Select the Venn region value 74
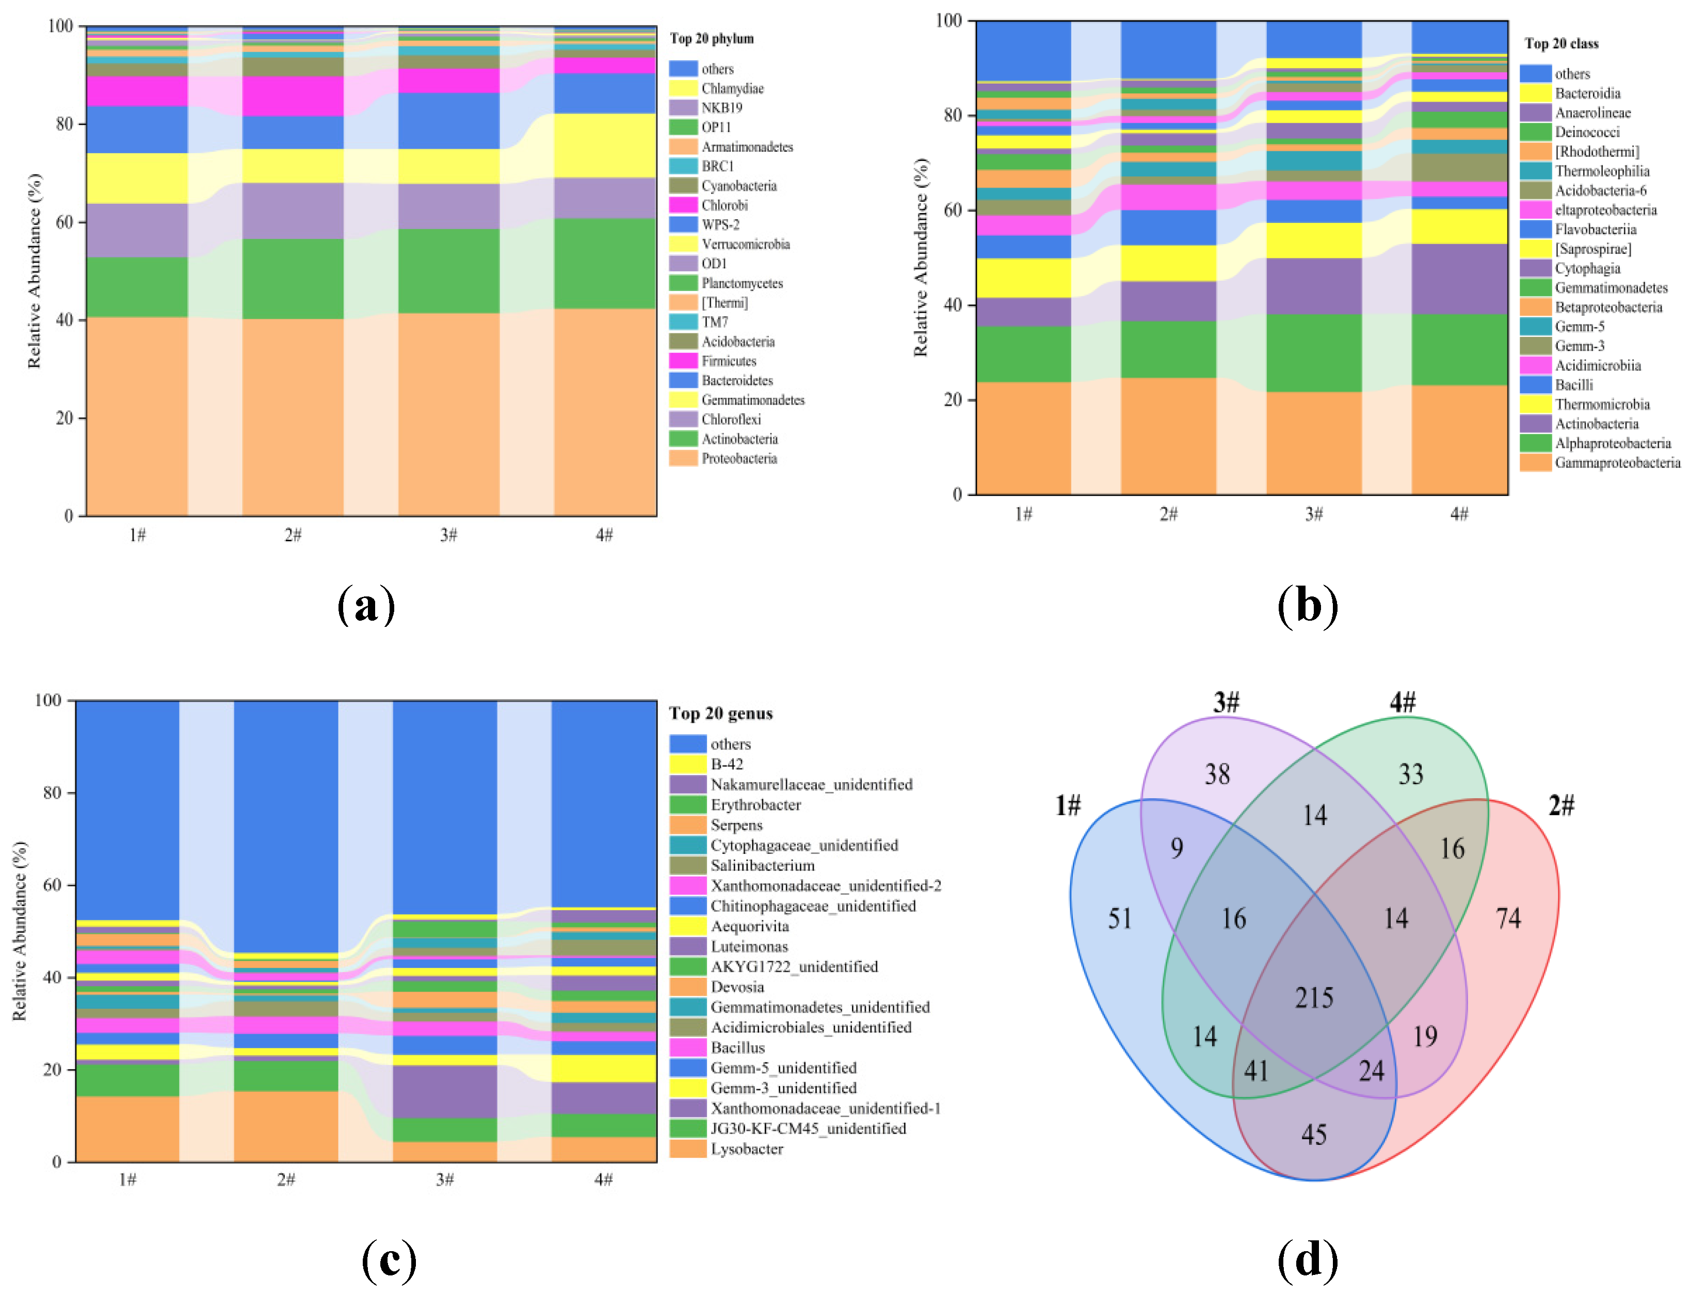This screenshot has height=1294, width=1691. (1508, 917)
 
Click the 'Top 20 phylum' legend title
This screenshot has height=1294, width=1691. (711, 39)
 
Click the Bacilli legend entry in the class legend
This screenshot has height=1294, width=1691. (1573, 384)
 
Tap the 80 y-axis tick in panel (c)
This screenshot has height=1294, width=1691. (52, 792)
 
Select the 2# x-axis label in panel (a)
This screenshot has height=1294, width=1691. (293, 535)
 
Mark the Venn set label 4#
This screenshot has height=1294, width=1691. (1402, 702)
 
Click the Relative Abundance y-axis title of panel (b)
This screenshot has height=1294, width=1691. (921, 257)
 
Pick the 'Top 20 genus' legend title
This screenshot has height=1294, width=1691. (720, 713)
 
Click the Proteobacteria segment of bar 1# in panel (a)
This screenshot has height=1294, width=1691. (137, 416)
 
